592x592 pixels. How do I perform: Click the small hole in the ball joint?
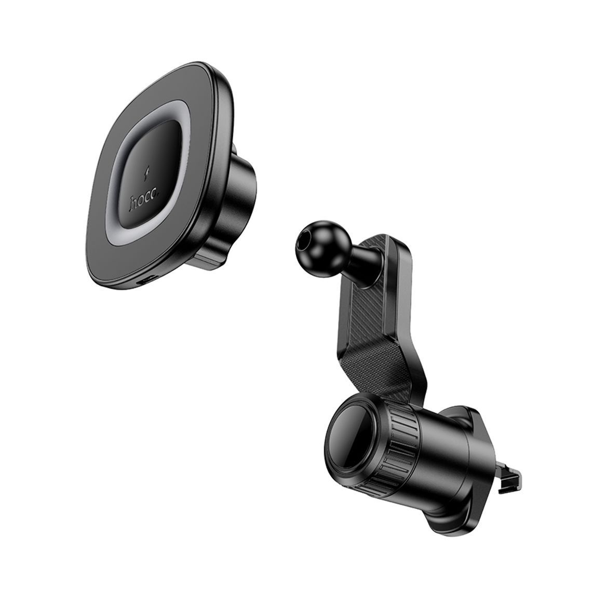pyautogui.click(x=301, y=245)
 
